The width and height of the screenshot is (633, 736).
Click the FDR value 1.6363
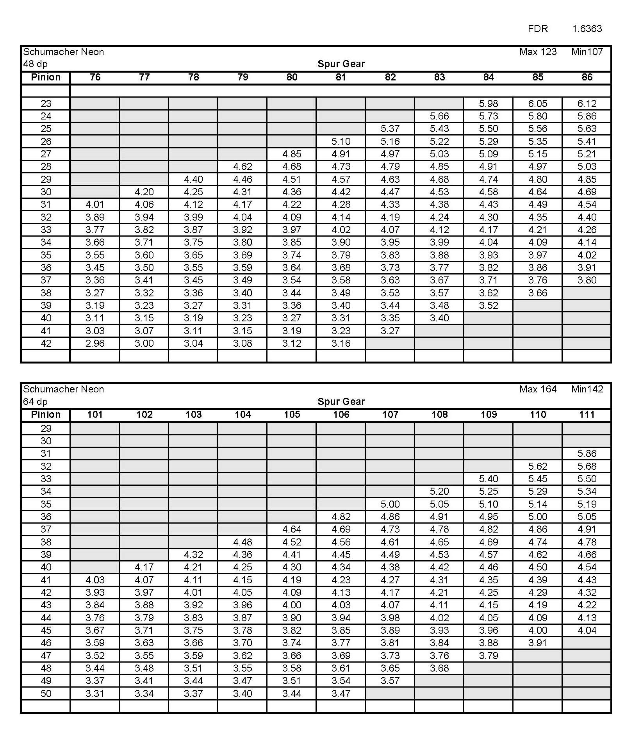(587, 29)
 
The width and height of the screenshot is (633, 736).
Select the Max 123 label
(537, 52)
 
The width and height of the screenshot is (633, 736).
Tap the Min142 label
(587, 389)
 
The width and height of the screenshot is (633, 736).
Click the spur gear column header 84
(488, 77)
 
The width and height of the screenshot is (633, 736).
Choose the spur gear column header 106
(341, 414)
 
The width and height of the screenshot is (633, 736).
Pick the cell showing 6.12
(587, 103)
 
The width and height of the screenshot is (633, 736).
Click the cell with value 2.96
(95, 343)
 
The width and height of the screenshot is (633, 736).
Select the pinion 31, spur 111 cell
(587, 453)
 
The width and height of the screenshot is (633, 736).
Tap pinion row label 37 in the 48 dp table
(46, 280)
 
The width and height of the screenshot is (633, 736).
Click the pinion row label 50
(46, 693)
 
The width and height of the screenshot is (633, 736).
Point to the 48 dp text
(35, 64)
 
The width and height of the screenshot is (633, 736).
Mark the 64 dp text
(35, 401)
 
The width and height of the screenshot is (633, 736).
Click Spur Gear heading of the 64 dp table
(341, 401)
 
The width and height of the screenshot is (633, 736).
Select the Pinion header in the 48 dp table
(46, 77)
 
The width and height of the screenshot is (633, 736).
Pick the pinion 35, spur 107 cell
(390, 504)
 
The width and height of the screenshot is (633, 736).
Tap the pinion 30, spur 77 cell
(144, 192)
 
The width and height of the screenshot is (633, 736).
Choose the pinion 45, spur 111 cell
(587, 630)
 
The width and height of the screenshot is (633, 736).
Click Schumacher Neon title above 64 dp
(63, 389)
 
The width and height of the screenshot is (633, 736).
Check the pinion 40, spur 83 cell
(439, 318)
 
